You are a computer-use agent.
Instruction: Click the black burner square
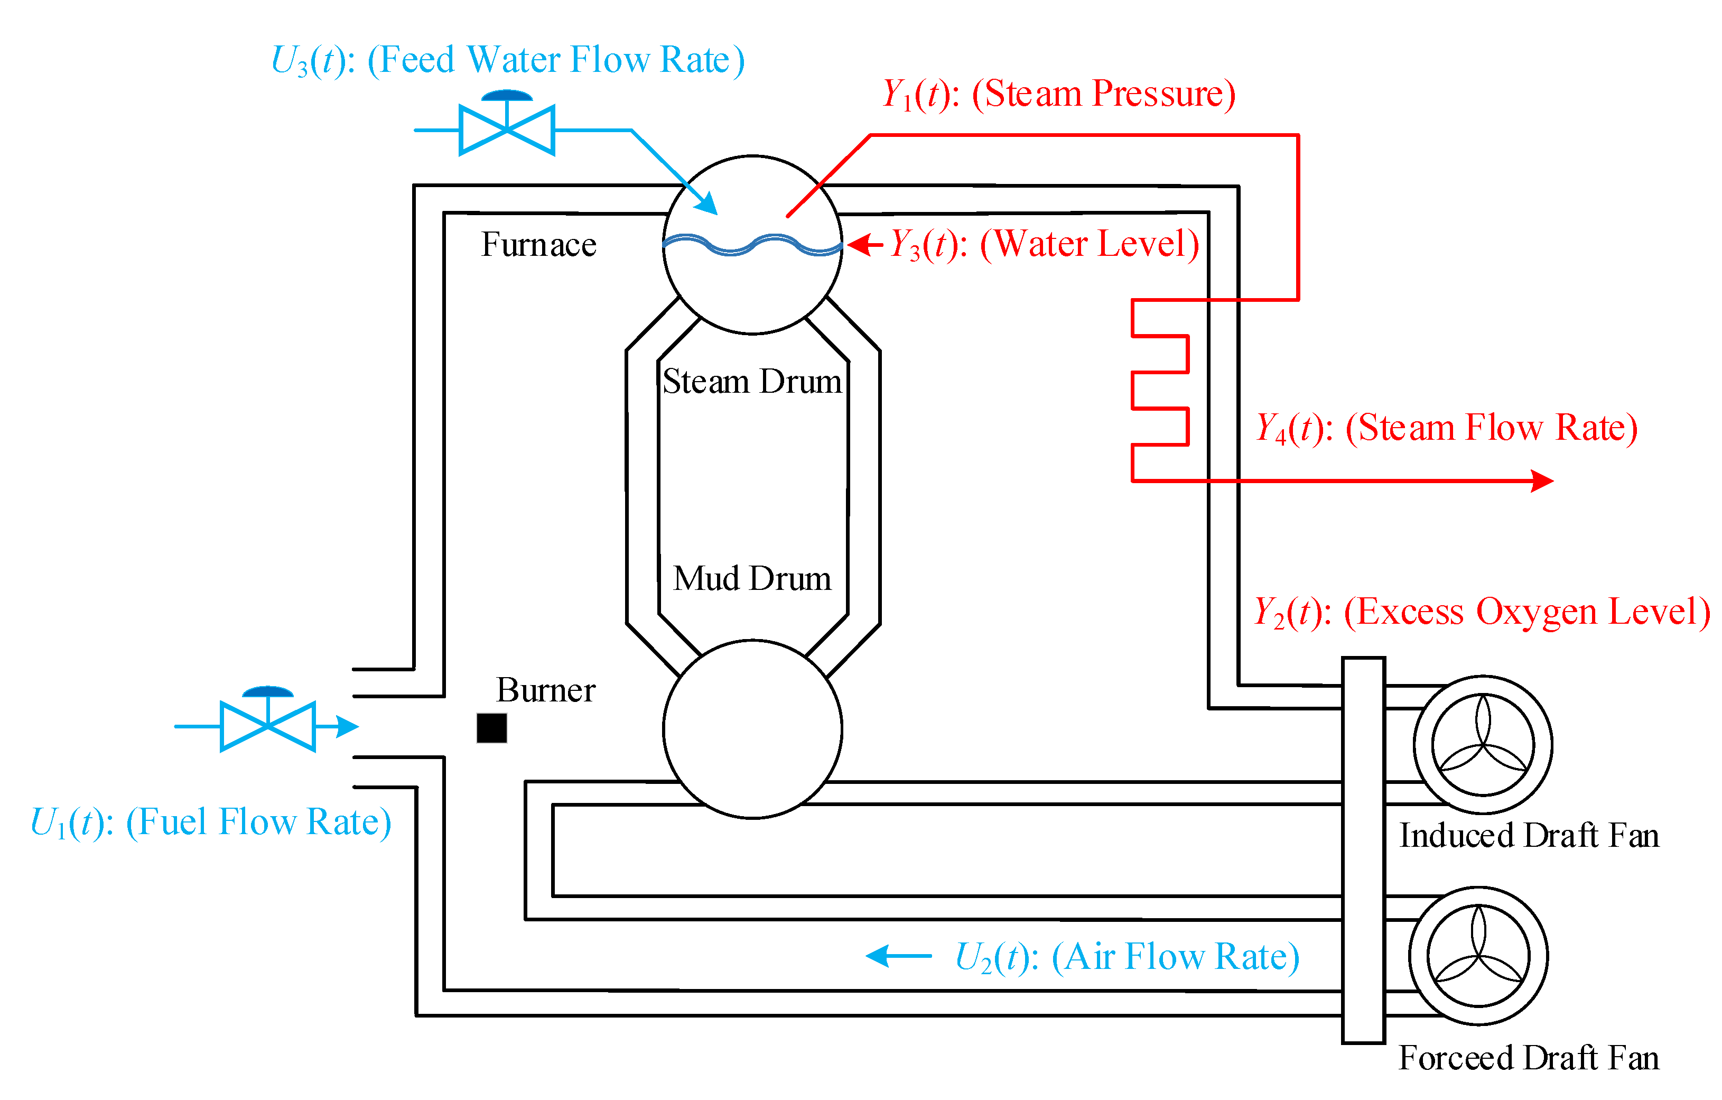point(491,728)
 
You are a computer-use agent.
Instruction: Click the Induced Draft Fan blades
point(1483,745)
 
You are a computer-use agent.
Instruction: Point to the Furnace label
point(538,245)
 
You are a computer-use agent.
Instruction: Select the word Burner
point(546,690)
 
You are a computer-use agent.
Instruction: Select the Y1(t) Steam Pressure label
point(1058,94)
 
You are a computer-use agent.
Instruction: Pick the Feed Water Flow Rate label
point(508,60)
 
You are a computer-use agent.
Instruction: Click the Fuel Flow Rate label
point(210,822)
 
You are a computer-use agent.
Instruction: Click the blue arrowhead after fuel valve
point(348,726)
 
